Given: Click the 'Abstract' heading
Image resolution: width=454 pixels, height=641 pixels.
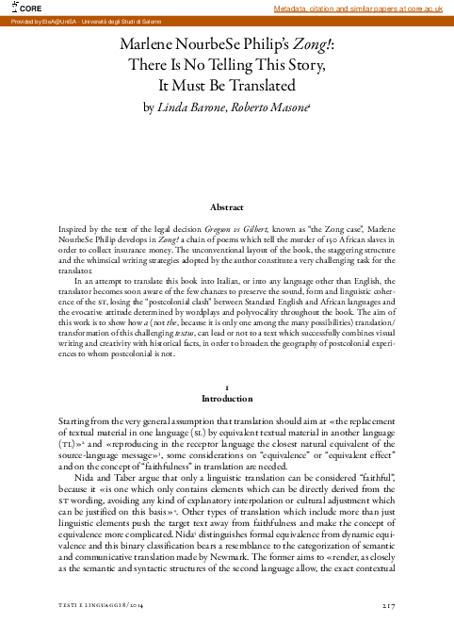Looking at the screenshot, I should coord(227,207).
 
